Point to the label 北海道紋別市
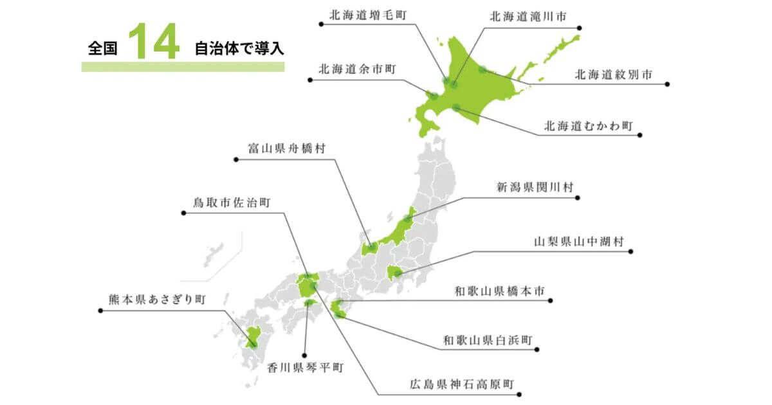(x=613, y=75)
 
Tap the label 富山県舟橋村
(x=286, y=148)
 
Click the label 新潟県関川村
(x=535, y=187)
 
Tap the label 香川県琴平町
(x=305, y=367)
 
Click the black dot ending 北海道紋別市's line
(x=667, y=84)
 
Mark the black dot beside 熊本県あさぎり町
(x=100, y=311)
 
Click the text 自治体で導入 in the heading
(x=239, y=49)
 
